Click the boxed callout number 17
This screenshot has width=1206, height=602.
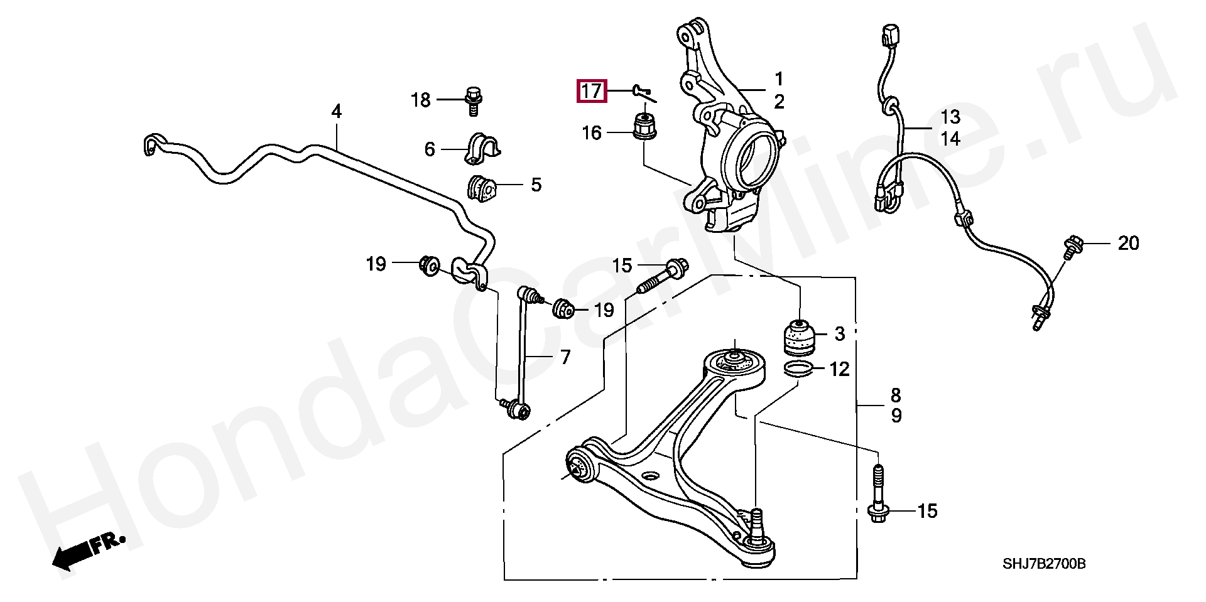(x=592, y=92)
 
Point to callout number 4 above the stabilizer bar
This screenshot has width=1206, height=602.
(x=336, y=112)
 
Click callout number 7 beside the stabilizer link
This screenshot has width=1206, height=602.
(x=565, y=357)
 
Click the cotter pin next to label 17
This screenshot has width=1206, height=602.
(x=643, y=94)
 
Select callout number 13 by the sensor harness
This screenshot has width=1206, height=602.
(x=950, y=117)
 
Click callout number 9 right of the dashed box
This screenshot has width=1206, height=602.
(x=896, y=416)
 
